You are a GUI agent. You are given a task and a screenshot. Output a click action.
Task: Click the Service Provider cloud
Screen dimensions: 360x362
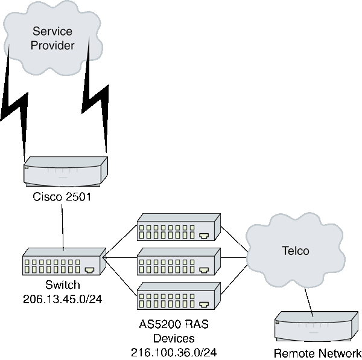pyautogui.click(x=53, y=37)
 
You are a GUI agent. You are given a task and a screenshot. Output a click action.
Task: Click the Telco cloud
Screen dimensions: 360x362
pyautogui.click(x=295, y=251)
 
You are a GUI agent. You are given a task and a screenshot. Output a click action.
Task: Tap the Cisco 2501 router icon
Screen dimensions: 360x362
pyautogui.click(x=65, y=172)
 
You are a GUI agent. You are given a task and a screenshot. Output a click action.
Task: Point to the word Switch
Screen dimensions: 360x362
pyautogui.click(x=63, y=285)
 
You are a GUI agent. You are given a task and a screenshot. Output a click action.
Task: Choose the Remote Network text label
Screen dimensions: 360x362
pyautogui.click(x=317, y=353)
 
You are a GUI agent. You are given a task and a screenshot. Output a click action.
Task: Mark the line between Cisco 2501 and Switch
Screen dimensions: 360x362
pyautogui.click(x=63, y=227)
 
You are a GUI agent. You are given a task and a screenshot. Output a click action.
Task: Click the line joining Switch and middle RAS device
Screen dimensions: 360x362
pyautogui.click(x=121, y=258)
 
